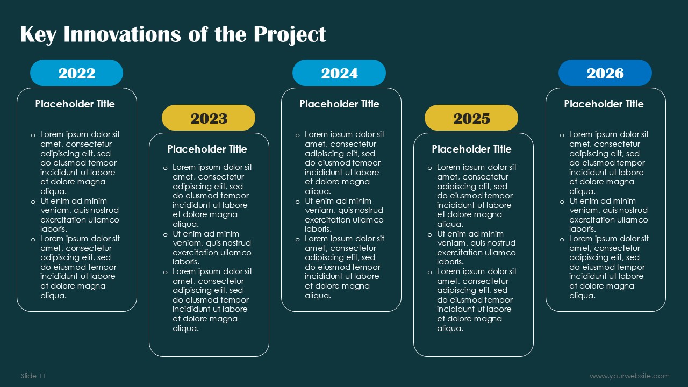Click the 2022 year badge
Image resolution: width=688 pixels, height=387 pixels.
pyautogui.click(x=76, y=73)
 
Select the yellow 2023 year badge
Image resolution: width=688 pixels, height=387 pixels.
pyautogui.click(x=209, y=118)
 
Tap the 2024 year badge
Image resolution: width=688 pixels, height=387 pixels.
pyautogui.click(x=339, y=73)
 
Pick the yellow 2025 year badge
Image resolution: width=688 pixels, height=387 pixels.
pyautogui.click(x=471, y=118)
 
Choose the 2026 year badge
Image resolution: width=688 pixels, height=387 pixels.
pyautogui.click(x=605, y=73)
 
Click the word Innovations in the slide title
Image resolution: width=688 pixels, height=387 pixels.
pyautogui.click(x=122, y=34)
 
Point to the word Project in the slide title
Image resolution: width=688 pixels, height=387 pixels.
pyautogui.click(x=289, y=35)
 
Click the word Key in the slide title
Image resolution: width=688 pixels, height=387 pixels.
pyautogui.click(x=38, y=35)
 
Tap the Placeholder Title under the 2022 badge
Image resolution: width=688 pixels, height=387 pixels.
pyautogui.click(x=75, y=104)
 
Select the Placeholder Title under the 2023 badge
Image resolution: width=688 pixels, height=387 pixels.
pyautogui.click(x=207, y=149)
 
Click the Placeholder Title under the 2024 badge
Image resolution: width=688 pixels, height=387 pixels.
pyautogui.click(x=339, y=104)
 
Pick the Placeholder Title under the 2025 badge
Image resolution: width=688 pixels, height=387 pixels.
pyautogui.click(x=471, y=149)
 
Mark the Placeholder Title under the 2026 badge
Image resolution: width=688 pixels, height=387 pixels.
pyautogui.click(x=604, y=104)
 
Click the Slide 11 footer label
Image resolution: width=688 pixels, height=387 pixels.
pyautogui.click(x=33, y=376)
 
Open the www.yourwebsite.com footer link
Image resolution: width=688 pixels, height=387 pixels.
pyautogui.click(x=629, y=376)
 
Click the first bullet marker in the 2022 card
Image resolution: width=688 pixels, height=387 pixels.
pyautogui.click(x=33, y=135)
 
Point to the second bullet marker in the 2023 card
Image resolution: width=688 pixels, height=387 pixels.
pyautogui.click(x=165, y=235)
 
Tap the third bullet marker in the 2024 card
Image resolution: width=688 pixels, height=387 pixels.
pyautogui.click(x=297, y=240)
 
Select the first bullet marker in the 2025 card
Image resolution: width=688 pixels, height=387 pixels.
pyautogui.click(x=429, y=168)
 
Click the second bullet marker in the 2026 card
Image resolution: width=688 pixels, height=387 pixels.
pyautogui.click(x=562, y=202)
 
